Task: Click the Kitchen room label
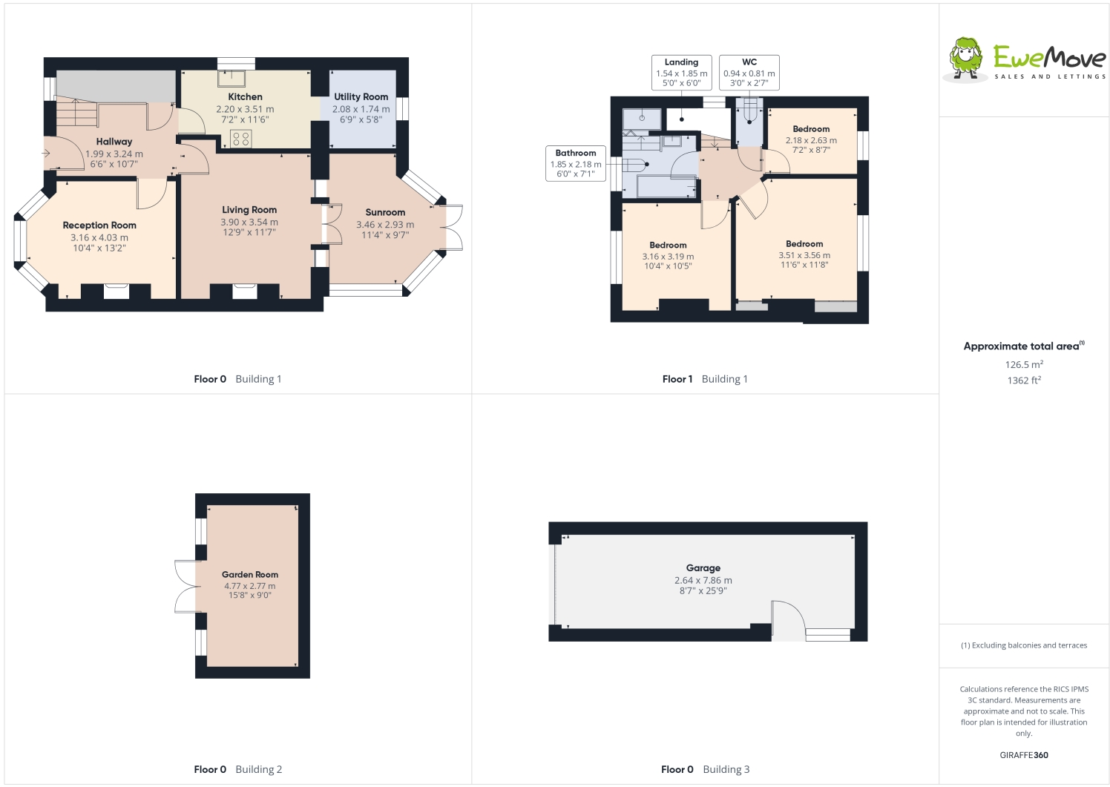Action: (245, 97)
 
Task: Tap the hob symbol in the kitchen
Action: (240, 139)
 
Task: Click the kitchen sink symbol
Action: (231, 79)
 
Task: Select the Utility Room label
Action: (361, 97)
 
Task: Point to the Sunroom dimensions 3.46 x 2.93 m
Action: (385, 225)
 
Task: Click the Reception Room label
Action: (99, 225)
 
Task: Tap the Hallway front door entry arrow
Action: (47, 154)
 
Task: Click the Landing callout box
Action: (681, 73)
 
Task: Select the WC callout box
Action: (749, 73)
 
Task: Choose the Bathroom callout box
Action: (576, 163)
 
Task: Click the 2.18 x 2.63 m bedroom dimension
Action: (811, 140)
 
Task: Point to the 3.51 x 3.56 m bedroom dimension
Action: (804, 255)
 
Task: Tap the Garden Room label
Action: (250, 575)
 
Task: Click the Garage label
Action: (703, 568)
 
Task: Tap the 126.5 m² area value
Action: (1024, 365)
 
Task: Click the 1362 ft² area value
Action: (1024, 381)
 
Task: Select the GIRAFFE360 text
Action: (1024, 755)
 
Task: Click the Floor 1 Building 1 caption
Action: (705, 379)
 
